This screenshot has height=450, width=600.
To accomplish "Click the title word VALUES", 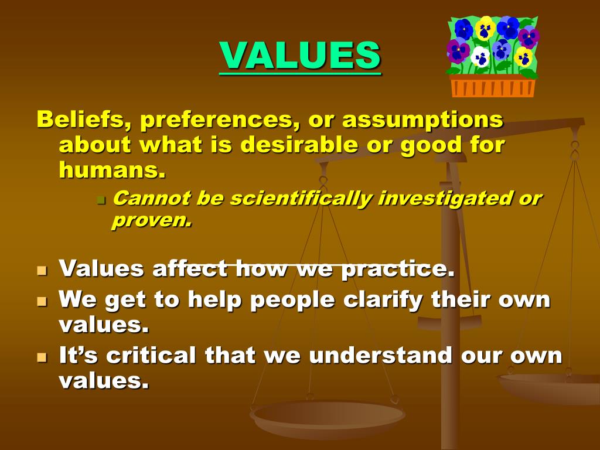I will click(x=300, y=55).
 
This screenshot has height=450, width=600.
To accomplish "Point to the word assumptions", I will click(x=422, y=120).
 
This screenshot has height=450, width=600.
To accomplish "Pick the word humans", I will click(x=112, y=170).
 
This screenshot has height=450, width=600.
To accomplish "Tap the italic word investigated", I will click(x=443, y=199).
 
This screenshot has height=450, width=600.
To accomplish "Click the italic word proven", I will click(x=152, y=220).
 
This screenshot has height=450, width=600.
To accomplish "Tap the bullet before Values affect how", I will click(x=42, y=271).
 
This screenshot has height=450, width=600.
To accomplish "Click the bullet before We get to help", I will click(x=42, y=301).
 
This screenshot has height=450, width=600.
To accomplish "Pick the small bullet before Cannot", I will click(x=100, y=200).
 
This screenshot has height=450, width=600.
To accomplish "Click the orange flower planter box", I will click(x=493, y=86).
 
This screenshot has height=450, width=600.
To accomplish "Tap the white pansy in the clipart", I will click(x=480, y=57).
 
